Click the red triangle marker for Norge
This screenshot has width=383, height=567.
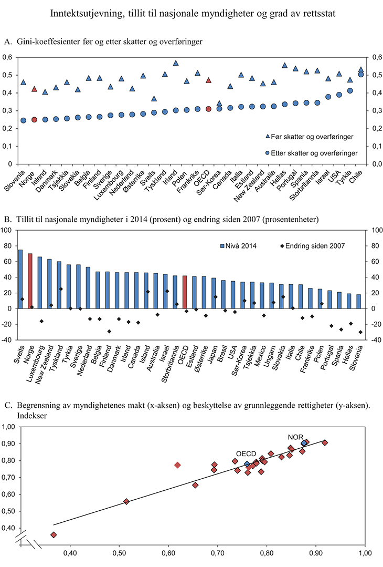pos(34,89)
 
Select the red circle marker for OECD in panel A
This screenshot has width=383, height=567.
pos(208,109)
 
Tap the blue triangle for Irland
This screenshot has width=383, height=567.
pos(176,64)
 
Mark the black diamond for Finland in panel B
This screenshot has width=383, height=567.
pos(109,331)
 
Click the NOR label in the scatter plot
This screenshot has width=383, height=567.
pos(295,437)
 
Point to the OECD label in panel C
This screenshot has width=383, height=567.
pos(246,454)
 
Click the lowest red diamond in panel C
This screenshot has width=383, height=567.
pos(54,534)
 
